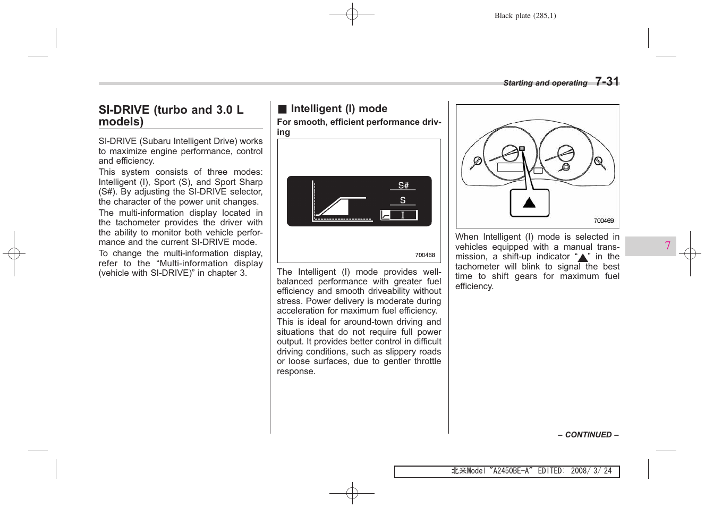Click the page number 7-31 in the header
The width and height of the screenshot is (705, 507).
[x=607, y=81]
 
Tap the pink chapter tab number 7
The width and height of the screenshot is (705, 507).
[x=667, y=246]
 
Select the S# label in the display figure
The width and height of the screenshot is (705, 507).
[x=403, y=185]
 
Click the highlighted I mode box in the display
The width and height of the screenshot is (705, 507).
[x=399, y=215]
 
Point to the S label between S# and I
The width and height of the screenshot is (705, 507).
[x=403, y=200]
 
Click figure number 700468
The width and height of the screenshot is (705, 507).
[x=424, y=255]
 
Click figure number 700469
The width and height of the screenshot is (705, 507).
[x=604, y=221]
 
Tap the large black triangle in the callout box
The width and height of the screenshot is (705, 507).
[x=529, y=202]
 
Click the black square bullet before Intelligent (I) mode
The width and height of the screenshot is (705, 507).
[x=282, y=109]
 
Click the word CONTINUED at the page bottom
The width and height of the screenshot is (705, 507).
[x=588, y=435]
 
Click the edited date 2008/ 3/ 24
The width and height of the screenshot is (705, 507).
[x=591, y=471]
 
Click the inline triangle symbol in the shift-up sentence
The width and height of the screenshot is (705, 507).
[x=583, y=258]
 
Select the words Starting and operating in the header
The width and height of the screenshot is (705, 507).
[x=545, y=83]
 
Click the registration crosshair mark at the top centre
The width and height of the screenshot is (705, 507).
[x=352, y=14]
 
